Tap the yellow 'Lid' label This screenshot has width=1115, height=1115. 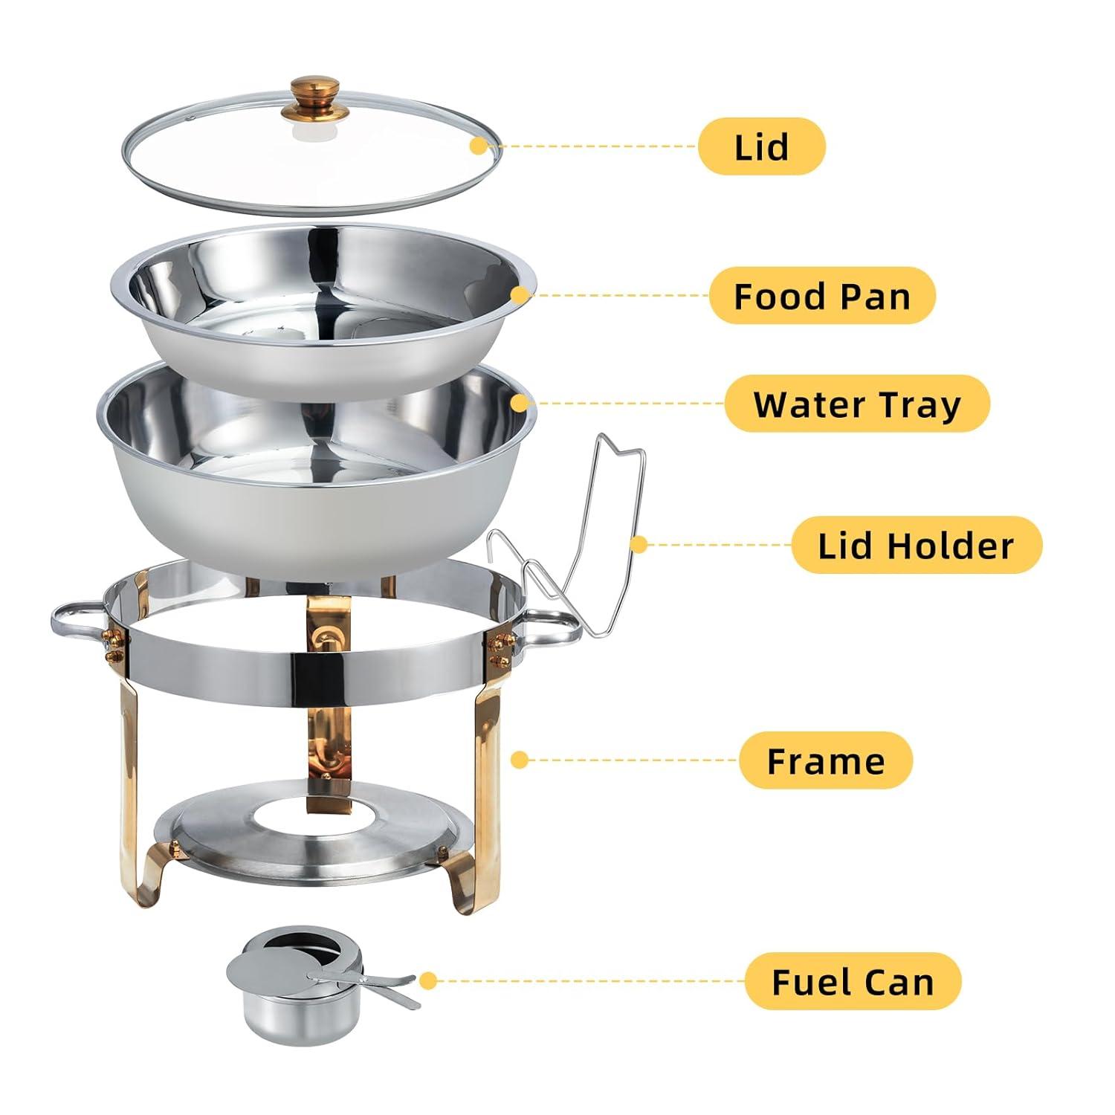coord(761,147)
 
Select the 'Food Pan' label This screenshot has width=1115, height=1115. coord(821,296)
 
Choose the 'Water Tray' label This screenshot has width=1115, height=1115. coord(856,404)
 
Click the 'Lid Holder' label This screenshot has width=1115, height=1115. coord(916,546)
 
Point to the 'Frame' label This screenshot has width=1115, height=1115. coord(825,761)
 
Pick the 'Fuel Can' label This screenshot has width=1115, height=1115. coord(853,982)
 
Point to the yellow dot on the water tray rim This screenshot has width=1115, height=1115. coord(520,404)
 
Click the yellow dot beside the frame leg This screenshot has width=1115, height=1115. coord(520,760)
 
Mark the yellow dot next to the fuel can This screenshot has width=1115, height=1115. coord(427,981)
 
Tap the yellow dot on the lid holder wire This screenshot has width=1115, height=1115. coord(638,545)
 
